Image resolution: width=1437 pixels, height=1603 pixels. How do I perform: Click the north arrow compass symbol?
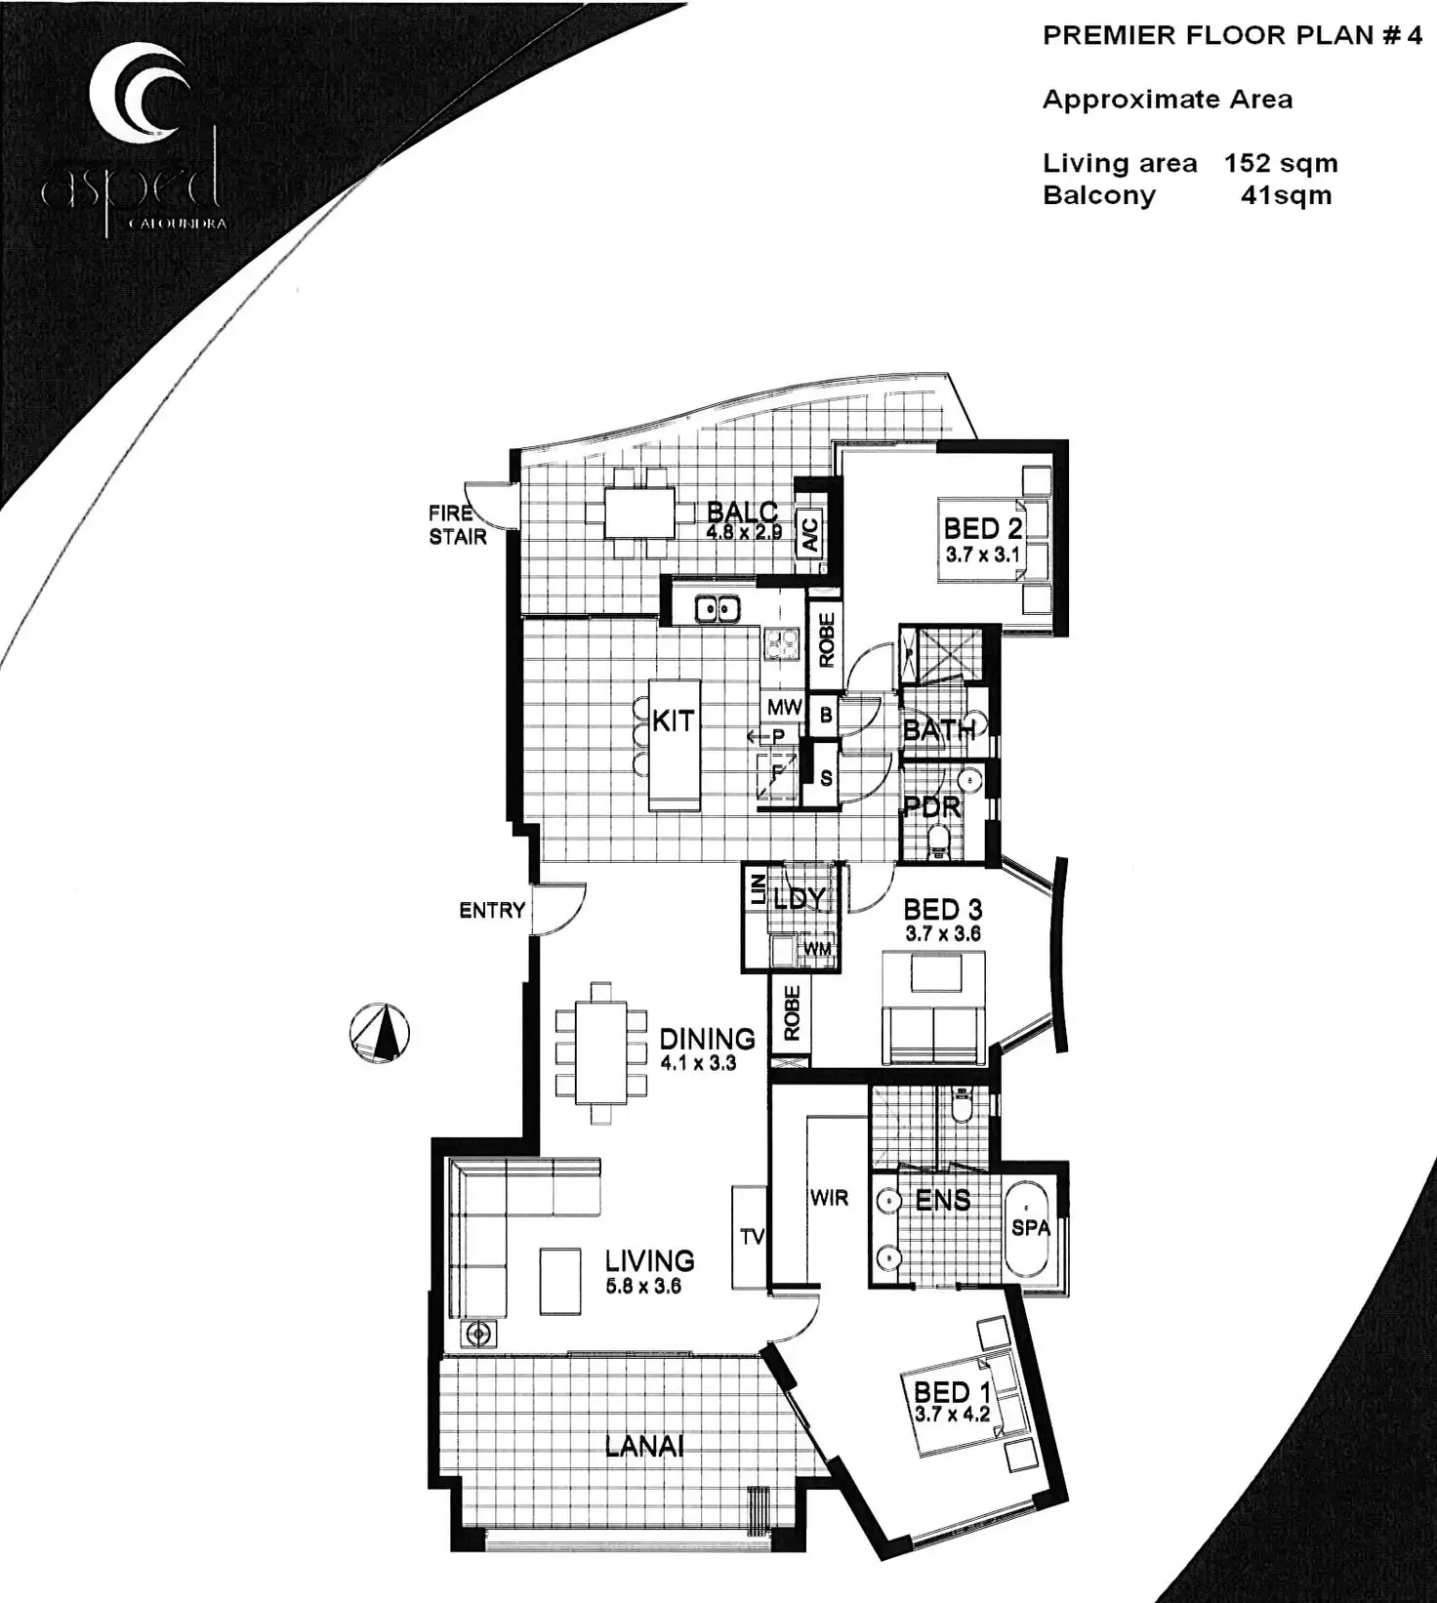click(380, 1033)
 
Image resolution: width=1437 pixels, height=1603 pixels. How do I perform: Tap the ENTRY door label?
click(492, 911)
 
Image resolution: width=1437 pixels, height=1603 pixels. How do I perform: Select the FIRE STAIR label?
click(457, 524)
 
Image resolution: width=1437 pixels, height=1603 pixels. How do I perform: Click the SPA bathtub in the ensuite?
click(1030, 1227)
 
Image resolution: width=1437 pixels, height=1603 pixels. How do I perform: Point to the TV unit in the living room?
click(751, 1237)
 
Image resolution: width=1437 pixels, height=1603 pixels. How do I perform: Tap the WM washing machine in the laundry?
click(817, 948)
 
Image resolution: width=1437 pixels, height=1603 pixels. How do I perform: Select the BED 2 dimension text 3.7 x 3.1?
click(982, 555)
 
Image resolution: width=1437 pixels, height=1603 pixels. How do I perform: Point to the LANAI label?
click(644, 1446)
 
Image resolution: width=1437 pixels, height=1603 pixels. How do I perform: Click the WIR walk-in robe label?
click(829, 1198)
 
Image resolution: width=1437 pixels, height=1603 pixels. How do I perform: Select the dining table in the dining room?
click(601, 1053)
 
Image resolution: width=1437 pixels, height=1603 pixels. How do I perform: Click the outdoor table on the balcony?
click(638, 514)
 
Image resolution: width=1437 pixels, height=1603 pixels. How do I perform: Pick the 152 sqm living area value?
click(1281, 164)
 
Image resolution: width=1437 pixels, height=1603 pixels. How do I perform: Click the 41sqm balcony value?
click(1285, 195)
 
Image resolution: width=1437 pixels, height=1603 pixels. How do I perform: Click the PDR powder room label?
click(932, 808)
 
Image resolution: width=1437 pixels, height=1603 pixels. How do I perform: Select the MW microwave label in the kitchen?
click(784, 707)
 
